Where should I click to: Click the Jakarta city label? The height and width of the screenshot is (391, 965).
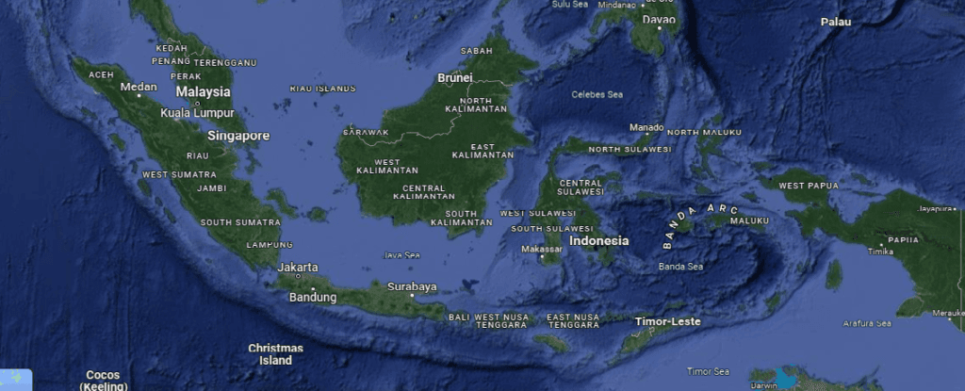298,268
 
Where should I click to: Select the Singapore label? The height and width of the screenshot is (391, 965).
238,136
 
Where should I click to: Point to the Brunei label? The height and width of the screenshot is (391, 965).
454,78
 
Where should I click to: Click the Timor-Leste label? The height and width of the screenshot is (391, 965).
667,321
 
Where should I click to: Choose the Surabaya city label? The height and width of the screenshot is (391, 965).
412,286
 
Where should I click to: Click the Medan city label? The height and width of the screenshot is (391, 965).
139,88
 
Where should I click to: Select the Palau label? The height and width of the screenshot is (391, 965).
835,22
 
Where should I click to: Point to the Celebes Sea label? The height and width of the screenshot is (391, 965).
597,94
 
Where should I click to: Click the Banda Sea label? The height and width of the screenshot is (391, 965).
680,267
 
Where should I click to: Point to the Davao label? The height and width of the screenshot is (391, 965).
660,19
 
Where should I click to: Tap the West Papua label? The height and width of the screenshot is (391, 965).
809,186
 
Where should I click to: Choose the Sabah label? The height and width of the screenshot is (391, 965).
476,51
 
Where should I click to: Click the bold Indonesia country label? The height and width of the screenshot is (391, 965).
599,240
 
